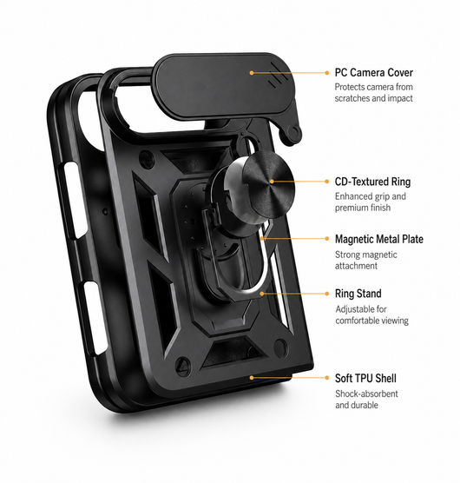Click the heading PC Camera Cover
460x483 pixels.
click(373, 73)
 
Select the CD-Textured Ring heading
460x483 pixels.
click(372, 182)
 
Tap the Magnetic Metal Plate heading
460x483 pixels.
click(379, 239)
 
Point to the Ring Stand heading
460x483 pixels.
click(358, 294)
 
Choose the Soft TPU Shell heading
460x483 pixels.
click(365, 378)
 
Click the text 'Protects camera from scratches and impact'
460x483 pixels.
click(373, 93)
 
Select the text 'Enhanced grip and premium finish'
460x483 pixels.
click(371, 202)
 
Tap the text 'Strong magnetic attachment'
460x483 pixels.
click(366, 261)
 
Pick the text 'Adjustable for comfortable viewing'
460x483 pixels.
click(372, 314)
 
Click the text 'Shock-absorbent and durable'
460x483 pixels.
click(366, 400)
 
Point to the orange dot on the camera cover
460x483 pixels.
click(252, 73)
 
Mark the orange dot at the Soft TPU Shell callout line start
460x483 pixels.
click(252, 377)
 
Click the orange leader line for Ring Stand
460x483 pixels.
click(294, 294)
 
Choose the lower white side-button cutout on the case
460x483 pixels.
click(91, 319)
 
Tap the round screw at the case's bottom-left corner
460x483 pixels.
click(183, 366)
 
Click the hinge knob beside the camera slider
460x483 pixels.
click(293, 132)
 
